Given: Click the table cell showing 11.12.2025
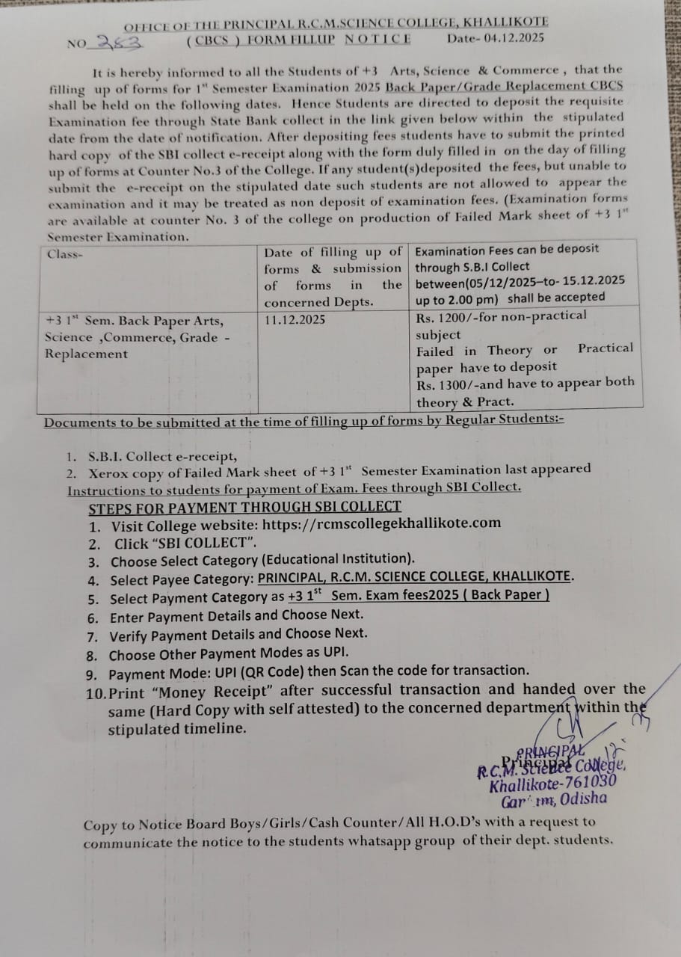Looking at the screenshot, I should click(x=295, y=319).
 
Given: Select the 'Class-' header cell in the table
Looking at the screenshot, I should click(x=65, y=253).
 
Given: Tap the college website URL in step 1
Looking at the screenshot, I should click(x=380, y=523).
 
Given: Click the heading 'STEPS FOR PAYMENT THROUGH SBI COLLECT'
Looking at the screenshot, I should click(x=244, y=507).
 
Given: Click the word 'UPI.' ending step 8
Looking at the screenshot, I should click(x=334, y=653).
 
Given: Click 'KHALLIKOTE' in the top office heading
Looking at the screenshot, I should click(x=507, y=22).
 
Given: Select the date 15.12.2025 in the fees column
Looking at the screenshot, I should click(x=590, y=281).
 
